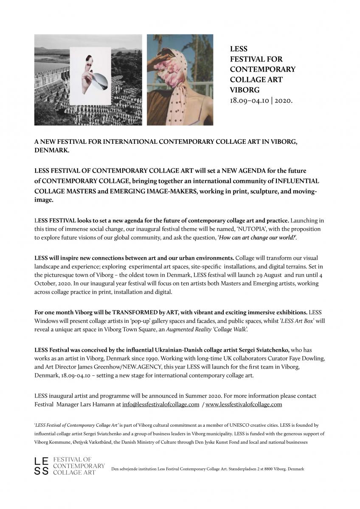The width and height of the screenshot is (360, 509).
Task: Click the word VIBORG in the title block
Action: (x=245, y=90)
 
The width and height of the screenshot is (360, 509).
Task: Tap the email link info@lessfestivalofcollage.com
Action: (x=160, y=404)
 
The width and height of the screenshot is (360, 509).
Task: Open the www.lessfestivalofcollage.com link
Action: (x=244, y=404)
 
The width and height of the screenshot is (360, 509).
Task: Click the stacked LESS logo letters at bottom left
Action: (x=41, y=466)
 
